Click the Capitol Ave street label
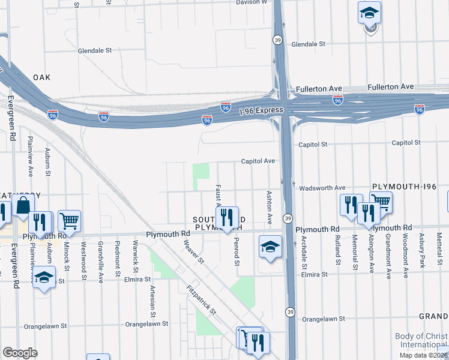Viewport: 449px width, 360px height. [x=258, y=161]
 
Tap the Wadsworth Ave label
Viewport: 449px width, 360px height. [x=322, y=188]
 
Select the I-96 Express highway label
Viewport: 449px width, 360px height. [x=261, y=111]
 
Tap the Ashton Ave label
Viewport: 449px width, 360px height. [x=270, y=208]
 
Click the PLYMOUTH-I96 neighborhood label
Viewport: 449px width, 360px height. [x=408, y=187]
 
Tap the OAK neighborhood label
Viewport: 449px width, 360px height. [x=42, y=77]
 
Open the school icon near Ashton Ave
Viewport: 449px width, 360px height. [x=270, y=247]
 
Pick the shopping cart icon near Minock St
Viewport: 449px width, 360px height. [x=70, y=221]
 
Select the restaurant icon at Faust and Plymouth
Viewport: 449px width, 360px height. [x=227, y=218]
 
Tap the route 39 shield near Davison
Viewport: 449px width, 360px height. [x=277, y=40]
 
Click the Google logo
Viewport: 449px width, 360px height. [x=20, y=352]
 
